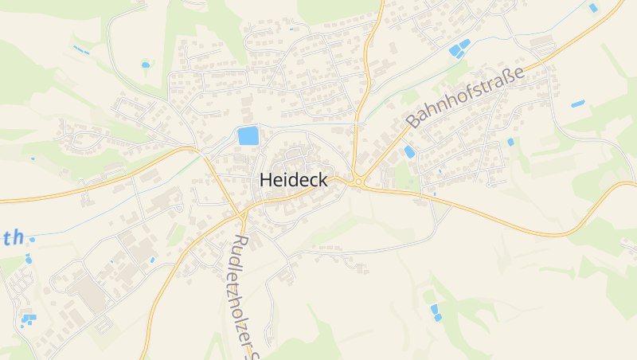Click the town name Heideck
click(x=294, y=181)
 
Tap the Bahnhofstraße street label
click(x=467, y=97)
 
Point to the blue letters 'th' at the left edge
click(x=14, y=237)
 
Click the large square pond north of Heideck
click(x=248, y=135)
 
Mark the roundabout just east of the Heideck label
click(x=358, y=182)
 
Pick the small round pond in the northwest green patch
click(x=145, y=64)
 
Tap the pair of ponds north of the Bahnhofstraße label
click(x=459, y=48)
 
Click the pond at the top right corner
click(x=593, y=8)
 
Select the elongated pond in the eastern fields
click(x=577, y=104)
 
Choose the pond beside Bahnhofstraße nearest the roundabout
click(x=409, y=151)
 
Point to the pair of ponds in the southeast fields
click(x=436, y=312)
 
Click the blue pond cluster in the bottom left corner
click(x=28, y=320)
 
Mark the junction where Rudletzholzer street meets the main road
click(x=241, y=214)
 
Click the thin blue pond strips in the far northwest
click(x=80, y=49)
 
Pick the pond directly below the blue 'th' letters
click(x=29, y=259)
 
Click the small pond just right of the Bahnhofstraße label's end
click(x=510, y=142)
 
